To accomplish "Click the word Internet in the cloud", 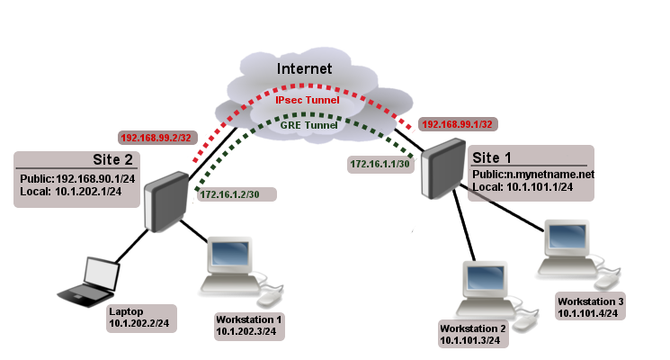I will [x=304, y=68].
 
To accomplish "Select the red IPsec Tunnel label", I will [x=307, y=100].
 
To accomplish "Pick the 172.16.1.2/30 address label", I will [x=236, y=193].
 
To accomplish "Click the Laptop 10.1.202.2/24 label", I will [x=140, y=317].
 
